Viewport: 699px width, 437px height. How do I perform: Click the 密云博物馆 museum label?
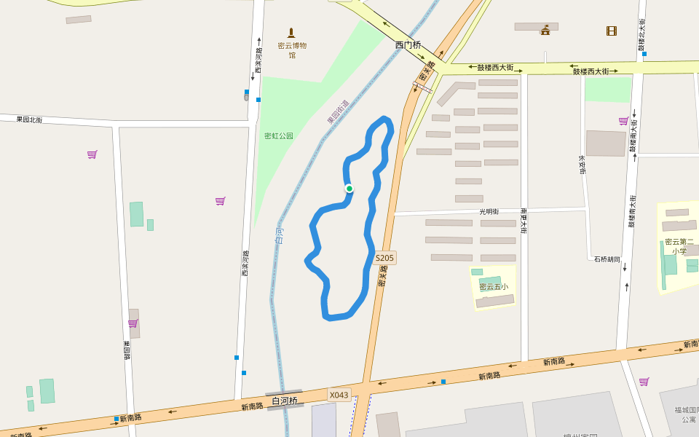292,50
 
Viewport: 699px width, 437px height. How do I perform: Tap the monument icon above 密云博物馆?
291,33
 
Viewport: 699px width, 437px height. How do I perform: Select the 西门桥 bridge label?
408,45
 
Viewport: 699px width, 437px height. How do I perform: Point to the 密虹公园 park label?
278,135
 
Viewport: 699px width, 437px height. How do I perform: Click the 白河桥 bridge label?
285,401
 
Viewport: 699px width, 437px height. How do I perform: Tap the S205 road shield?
384,258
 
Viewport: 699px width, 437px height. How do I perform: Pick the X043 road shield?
339,395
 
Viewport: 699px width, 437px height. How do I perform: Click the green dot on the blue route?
349,189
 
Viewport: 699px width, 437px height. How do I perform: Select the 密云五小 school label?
494,286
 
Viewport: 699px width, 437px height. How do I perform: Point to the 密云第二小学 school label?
679,246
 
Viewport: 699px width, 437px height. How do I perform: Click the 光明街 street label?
489,211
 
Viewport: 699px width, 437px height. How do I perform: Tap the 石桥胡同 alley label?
607,259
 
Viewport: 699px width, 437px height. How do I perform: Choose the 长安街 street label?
582,164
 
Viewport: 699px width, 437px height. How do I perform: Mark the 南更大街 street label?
524,221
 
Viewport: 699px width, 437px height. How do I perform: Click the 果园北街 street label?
29,119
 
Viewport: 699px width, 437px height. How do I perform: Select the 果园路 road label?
126,350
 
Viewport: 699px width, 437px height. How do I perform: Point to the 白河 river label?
280,235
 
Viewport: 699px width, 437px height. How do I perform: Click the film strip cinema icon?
612,31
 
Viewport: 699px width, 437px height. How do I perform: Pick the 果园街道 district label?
337,111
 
